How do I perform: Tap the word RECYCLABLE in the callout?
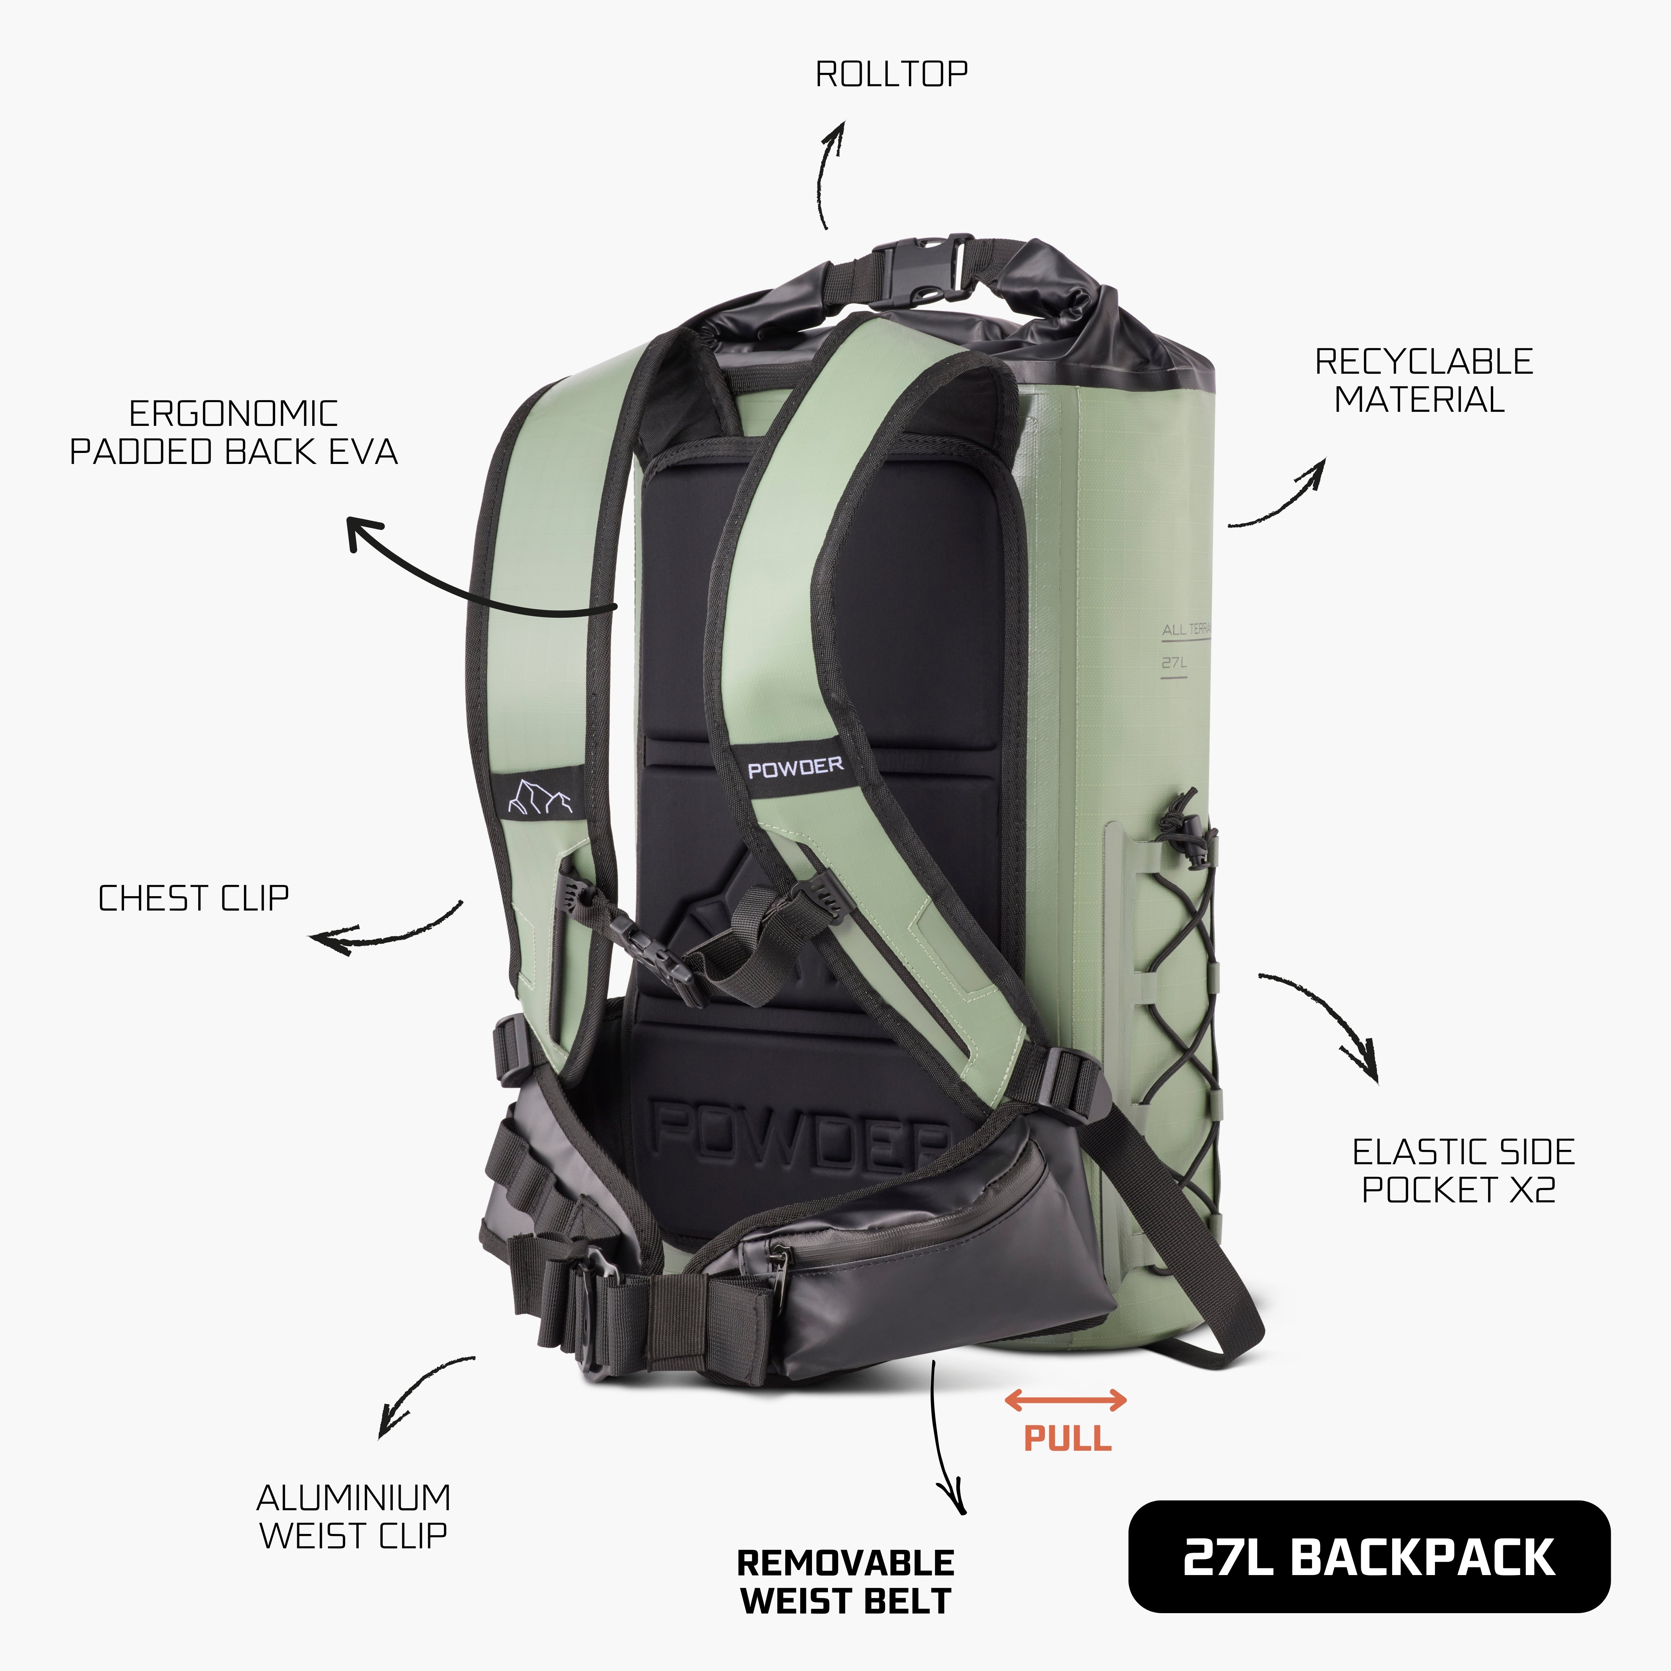coord(1424,362)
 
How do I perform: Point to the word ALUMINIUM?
coord(354,1497)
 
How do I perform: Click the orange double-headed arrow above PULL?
coord(1066,1400)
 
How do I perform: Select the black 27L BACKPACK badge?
coord(1369,1557)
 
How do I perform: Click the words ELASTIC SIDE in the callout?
coord(1463,1152)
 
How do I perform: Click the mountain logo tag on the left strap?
coord(540,794)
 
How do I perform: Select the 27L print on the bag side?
coord(1174,664)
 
